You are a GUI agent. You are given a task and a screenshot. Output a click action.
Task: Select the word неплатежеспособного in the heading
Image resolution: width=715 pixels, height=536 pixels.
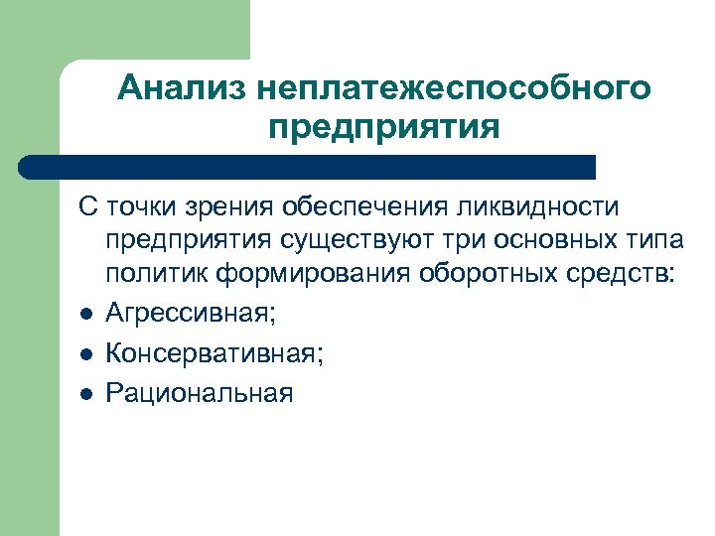(453, 88)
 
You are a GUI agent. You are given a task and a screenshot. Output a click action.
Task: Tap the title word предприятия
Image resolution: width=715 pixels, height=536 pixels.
(383, 128)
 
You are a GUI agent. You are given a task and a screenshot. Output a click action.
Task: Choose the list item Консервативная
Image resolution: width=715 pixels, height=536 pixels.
(214, 352)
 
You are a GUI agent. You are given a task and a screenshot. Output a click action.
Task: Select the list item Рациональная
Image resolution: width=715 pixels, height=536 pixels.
(200, 393)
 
